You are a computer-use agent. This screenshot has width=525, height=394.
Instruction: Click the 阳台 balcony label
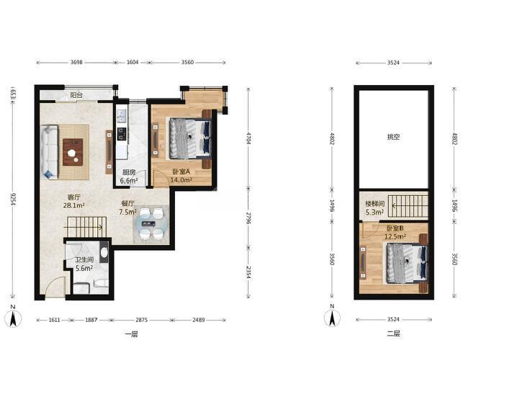point(76,95)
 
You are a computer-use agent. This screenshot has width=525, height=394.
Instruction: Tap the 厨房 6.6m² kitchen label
point(129,176)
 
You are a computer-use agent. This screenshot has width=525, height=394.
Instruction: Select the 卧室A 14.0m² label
point(181,176)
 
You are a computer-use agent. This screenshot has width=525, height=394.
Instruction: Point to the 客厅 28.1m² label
point(73,201)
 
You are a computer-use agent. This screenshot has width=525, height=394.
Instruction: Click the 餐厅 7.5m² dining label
point(127,207)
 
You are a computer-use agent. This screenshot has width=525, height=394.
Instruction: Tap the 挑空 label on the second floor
point(394,137)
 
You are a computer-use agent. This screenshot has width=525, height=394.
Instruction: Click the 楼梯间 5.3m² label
point(374,207)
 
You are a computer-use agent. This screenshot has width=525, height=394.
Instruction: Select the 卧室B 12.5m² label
point(395,233)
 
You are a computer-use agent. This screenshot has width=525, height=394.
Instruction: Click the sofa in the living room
point(50,152)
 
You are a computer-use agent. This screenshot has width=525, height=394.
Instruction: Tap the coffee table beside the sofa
point(73,152)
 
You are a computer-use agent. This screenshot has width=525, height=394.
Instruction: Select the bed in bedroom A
point(190,138)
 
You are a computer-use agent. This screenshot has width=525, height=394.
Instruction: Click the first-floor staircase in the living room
point(86,227)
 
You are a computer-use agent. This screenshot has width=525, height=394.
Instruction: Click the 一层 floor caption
point(131,333)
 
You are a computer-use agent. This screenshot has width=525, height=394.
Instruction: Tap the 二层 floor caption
point(394,333)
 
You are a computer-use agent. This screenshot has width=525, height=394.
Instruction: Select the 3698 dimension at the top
point(76,62)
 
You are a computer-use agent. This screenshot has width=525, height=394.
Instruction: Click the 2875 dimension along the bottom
point(141,320)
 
